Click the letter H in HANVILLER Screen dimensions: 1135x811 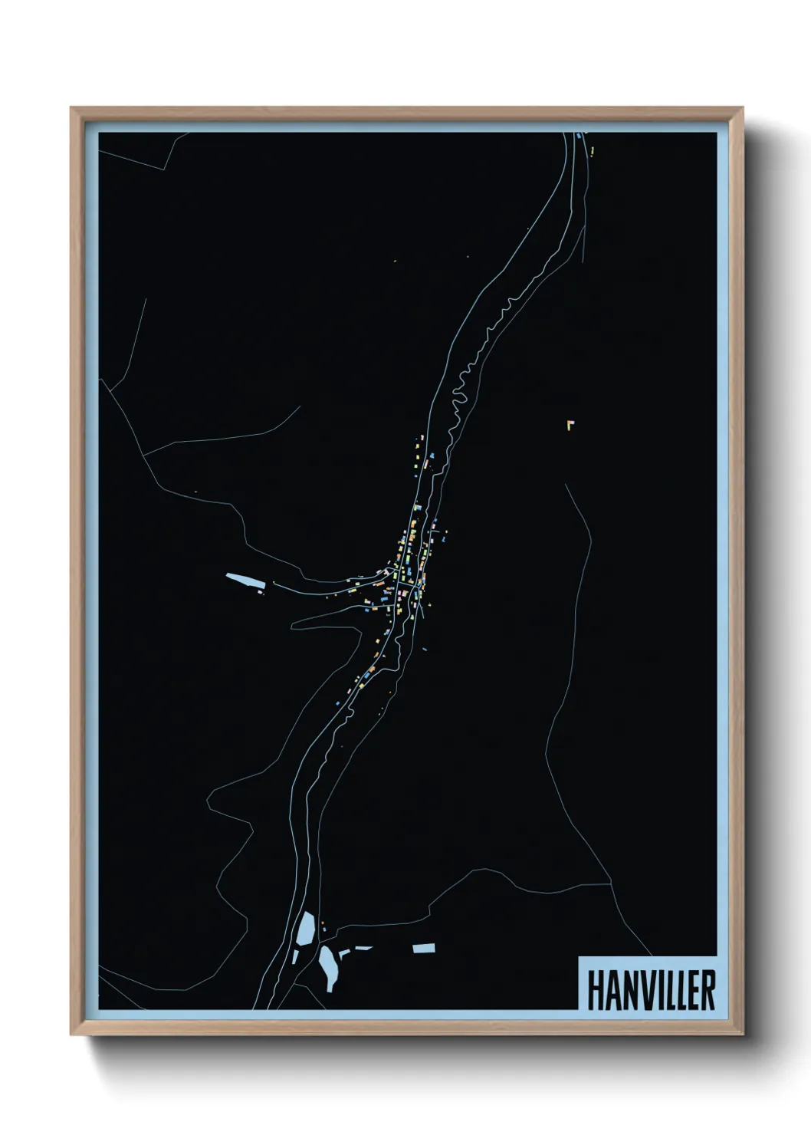596,990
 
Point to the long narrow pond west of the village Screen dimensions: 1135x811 245,581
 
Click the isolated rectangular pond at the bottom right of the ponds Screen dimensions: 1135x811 424,949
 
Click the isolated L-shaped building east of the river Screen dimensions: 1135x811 570,424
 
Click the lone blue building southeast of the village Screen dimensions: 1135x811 424,649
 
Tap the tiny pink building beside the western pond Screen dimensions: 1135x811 261,592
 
